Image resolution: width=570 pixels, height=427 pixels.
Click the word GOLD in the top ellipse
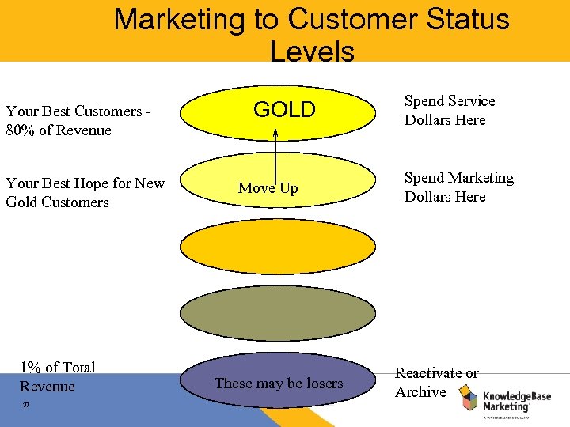tap(284, 110)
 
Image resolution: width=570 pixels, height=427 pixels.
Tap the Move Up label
tap(268, 188)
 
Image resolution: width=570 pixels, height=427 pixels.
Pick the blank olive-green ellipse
tap(277, 313)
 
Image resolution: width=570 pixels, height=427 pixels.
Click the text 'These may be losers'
tap(279, 384)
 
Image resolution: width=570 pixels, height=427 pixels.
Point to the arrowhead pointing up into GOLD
tap(275, 133)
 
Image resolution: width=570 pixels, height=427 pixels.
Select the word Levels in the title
tap(312, 51)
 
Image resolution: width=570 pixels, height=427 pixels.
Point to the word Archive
tap(420, 392)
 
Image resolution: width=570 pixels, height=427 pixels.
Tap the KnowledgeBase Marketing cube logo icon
tap(471, 399)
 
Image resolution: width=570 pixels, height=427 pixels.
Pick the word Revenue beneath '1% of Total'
tap(47, 387)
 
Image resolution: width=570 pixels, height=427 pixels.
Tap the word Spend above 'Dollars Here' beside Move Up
tap(424, 178)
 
